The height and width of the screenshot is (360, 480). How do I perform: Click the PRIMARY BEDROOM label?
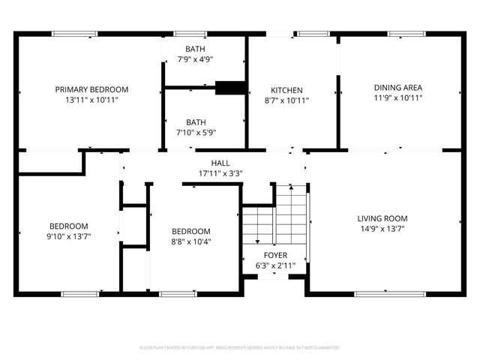pyautogui.click(x=91, y=89)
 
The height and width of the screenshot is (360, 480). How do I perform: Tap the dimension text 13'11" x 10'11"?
pyautogui.click(x=91, y=99)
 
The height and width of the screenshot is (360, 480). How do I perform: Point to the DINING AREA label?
pyautogui.click(x=397, y=88)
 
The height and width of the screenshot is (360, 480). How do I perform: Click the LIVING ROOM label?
pyautogui.click(x=382, y=219)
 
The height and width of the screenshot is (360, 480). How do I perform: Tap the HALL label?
pyautogui.click(x=220, y=163)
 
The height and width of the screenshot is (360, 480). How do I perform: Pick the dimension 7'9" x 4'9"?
pyautogui.click(x=195, y=59)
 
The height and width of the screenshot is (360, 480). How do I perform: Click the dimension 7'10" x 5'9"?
pyautogui.click(x=195, y=133)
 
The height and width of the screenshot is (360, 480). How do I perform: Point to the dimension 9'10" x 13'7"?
pyautogui.click(x=69, y=236)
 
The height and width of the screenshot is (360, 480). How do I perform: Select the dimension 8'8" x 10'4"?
pyautogui.click(x=190, y=241)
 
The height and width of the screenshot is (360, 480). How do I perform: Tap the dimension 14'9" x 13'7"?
pyautogui.click(x=382, y=229)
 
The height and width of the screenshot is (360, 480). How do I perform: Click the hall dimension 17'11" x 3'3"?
pyautogui.click(x=220, y=173)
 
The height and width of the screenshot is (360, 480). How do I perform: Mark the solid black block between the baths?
pyautogui.click(x=230, y=88)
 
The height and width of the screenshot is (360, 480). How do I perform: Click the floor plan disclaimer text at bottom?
pyautogui.click(x=240, y=348)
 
